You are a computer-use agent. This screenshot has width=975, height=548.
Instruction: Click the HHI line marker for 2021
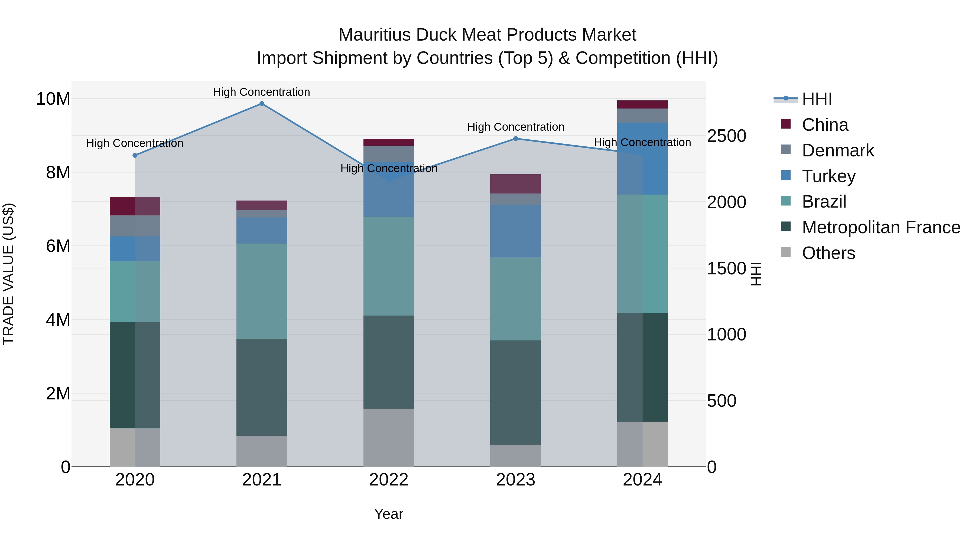[262, 104]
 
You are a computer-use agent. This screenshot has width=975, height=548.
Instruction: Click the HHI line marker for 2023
[515, 139]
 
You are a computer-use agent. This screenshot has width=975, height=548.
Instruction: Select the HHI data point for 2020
[135, 155]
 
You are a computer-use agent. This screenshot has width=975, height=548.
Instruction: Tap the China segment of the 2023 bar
[515, 184]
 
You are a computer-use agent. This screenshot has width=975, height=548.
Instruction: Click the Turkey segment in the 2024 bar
[642, 159]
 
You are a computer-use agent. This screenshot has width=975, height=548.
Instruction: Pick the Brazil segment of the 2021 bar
[262, 291]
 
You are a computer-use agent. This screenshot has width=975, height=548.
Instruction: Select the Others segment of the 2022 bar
[389, 437]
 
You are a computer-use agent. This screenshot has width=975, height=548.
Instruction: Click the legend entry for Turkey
[828, 176]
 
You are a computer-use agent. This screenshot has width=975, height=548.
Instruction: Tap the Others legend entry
[828, 253]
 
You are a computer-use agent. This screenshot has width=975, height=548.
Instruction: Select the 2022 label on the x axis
[389, 480]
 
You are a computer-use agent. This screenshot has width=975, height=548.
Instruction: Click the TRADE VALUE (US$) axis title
[8, 274]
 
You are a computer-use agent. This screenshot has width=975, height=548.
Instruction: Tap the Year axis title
[389, 514]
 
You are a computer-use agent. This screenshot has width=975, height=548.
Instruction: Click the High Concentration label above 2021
[262, 92]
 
